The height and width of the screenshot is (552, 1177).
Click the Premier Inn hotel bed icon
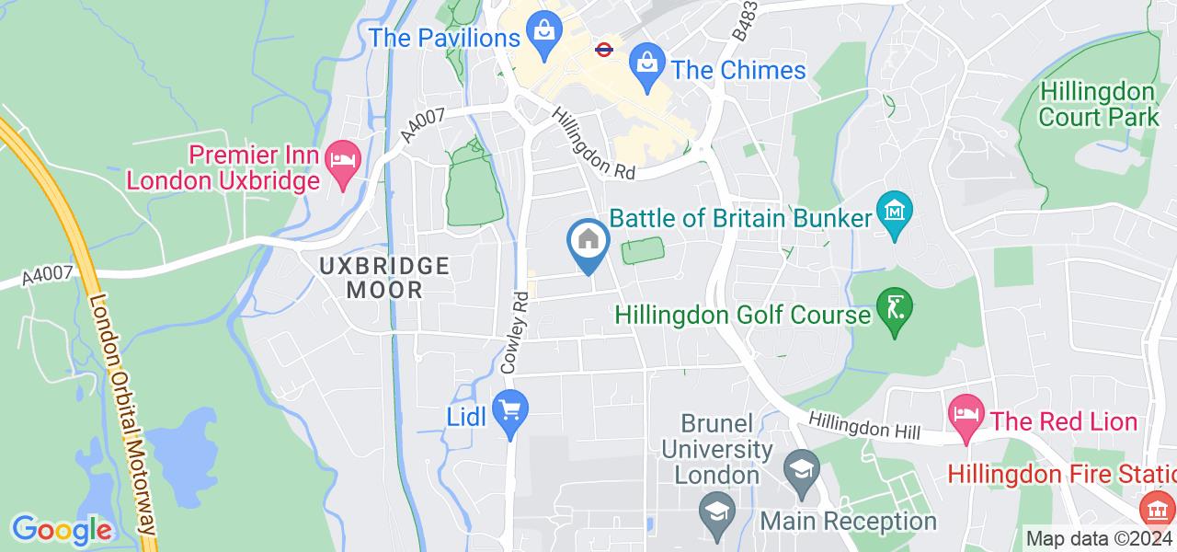pyautogui.click(x=342, y=159)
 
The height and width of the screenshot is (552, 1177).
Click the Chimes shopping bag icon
pyautogui.click(x=647, y=64)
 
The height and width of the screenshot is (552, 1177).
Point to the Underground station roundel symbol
pyautogui.click(x=604, y=49)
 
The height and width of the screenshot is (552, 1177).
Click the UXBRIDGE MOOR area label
pyautogui.click(x=384, y=278)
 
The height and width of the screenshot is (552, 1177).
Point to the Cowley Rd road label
pyautogui.click(x=516, y=331)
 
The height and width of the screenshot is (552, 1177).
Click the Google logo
pyautogui.click(x=61, y=530)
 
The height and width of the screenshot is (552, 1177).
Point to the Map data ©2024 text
pyautogui.click(x=1100, y=539)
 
